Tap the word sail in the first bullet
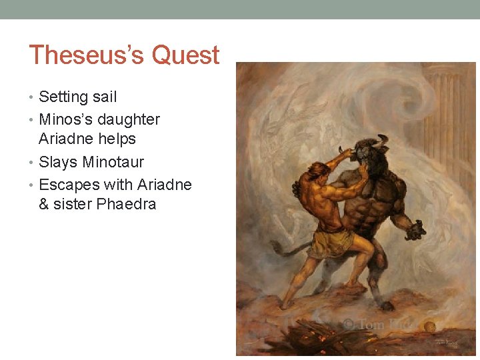[105, 97]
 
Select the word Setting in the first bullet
[63, 97]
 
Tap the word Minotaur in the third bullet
[113, 162]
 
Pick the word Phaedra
[126, 204]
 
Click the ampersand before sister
[44, 204]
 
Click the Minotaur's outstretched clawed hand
[415, 230]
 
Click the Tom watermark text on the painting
[369, 325]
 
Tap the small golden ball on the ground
[431, 326]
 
